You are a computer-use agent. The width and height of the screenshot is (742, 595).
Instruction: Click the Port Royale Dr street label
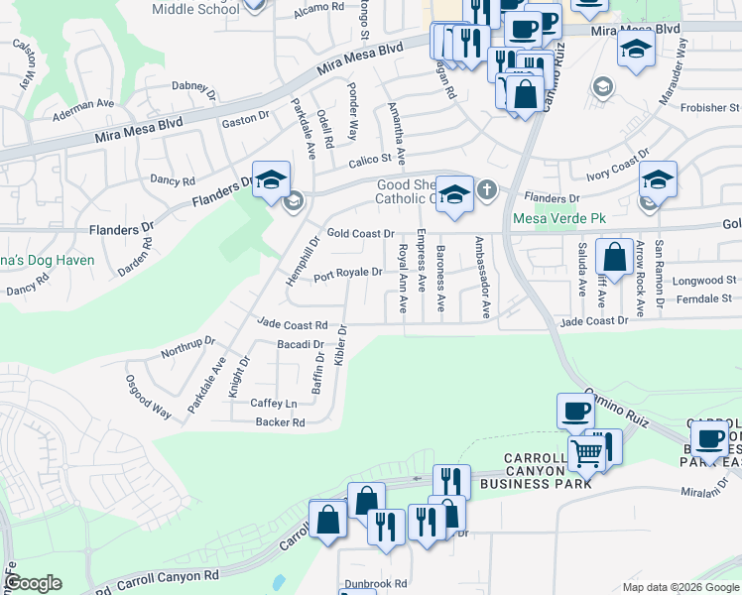tap(348, 274)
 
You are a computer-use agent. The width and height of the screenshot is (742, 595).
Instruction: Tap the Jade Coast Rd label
tap(292, 324)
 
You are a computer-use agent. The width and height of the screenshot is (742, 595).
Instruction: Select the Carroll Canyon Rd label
tap(168, 577)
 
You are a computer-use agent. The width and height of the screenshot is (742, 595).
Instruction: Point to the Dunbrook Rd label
tap(376, 584)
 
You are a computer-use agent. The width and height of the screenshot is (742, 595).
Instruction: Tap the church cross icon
tap(486, 189)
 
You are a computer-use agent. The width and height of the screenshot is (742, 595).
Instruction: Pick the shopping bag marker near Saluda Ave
tap(614, 257)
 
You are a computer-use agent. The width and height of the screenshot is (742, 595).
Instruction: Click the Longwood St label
tap(704, 281)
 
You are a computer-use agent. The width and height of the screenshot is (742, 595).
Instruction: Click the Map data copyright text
tap(680, 587)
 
